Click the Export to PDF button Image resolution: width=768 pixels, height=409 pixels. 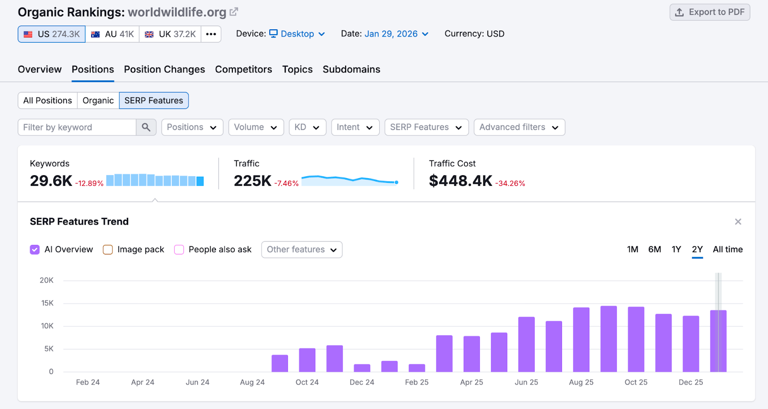(x=709, y=12)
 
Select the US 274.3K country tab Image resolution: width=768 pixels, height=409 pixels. (x=52, y=34)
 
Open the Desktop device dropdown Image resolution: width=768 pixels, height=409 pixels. (x=297, y=34)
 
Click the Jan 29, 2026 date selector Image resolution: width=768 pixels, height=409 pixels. (x=396, y=34)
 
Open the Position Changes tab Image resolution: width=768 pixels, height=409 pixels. (x=164, y=69)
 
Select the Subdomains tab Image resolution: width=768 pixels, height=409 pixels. (x=351, y=69)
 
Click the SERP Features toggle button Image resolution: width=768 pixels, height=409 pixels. (x=154, y=100)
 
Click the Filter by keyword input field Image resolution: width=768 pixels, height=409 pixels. (x=77, y=127)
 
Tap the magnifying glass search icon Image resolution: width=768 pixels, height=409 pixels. (x=146, y=127)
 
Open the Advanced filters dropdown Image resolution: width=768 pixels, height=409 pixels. (x=519, y=127)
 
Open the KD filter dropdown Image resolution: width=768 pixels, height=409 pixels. (x=307, y=127)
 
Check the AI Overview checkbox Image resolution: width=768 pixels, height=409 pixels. (x=35, y=250)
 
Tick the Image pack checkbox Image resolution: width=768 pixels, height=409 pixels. (x=108, y=250)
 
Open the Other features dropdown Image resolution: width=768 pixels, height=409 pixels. (x=301, y=250)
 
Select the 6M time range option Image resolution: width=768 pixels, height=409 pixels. (x=654, y=249)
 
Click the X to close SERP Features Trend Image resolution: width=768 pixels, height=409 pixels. (x=738, y=221)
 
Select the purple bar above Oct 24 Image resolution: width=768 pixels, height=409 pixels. (x=307, y=360)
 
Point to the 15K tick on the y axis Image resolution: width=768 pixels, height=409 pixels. (x=47, y=303)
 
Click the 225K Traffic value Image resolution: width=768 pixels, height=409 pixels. (x=252, y=181)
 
